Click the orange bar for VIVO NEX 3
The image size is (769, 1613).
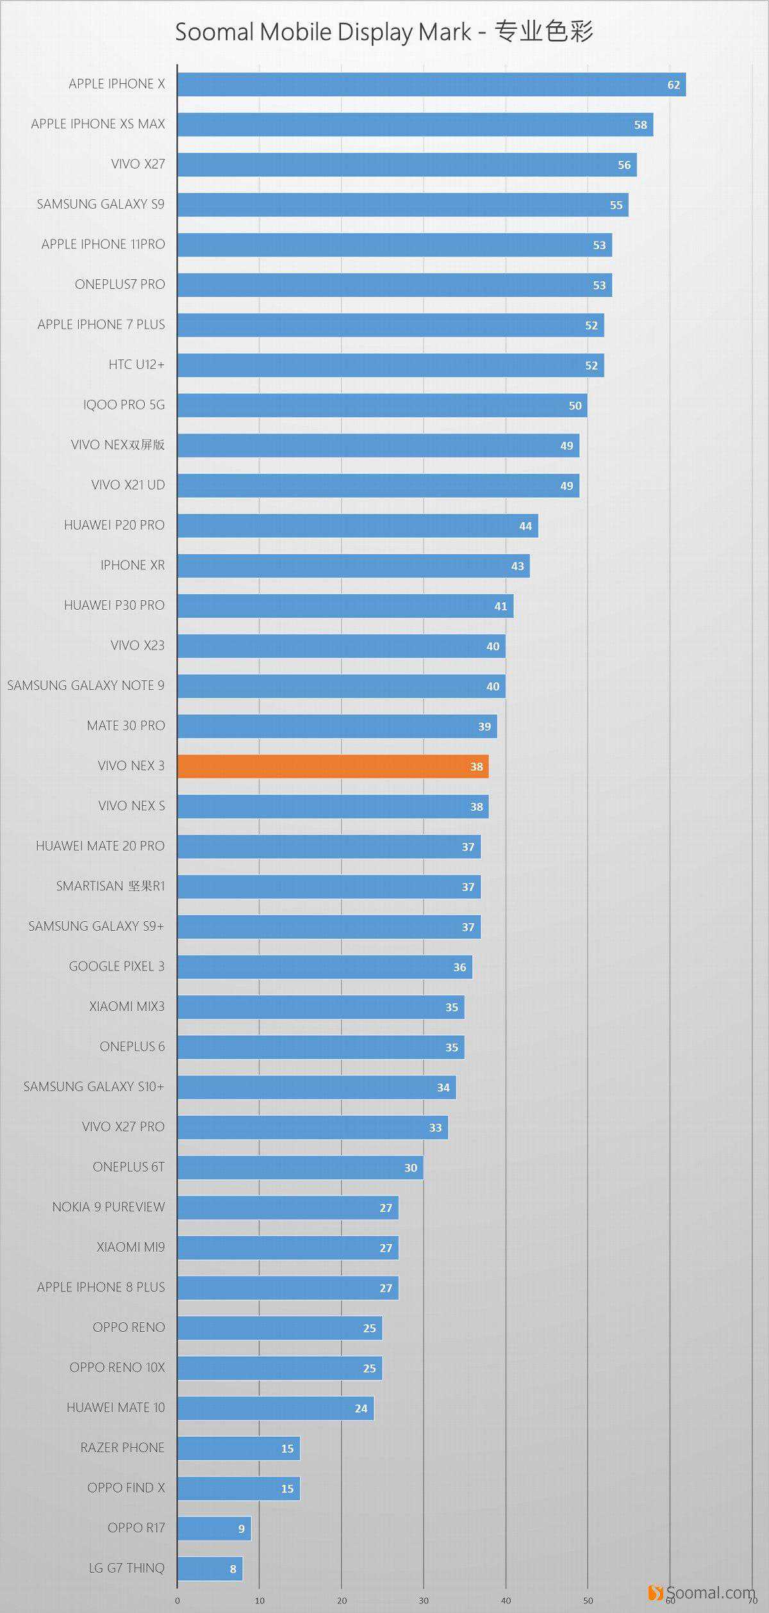click(x=333, y=766)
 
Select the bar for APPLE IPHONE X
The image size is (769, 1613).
click(x=431, y=85)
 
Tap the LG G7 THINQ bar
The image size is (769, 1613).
click(x=210, y=1569)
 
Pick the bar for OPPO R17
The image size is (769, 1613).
click(x=214, y=1528)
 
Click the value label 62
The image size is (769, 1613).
click(x=673, y=85)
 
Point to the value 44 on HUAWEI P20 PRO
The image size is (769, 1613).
click(x=525, y=526)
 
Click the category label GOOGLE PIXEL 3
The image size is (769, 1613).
click(x=117, y=966)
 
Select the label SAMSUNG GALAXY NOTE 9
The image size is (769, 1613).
click(x=86, y=685)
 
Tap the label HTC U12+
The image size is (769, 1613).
click(x=136, y=364)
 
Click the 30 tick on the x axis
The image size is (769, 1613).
click(x=424, y=1600)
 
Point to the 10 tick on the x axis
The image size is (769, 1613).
click(x=260, y=1600)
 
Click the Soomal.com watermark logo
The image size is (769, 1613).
click(x=702, y=1592)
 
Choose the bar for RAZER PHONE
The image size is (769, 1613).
click(x=238, y=1448)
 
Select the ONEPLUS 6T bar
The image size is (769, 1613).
click(x=300, y=1167)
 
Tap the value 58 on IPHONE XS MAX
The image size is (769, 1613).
click(x=640, y=125)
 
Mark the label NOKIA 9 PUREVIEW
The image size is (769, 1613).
click(x=108, y=1207)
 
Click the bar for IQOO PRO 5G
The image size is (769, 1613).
click(x=382, y=405)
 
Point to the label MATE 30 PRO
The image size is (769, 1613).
click(x=126, y=726)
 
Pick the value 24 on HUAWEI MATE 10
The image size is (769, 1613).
click(x=361, y=1408)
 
